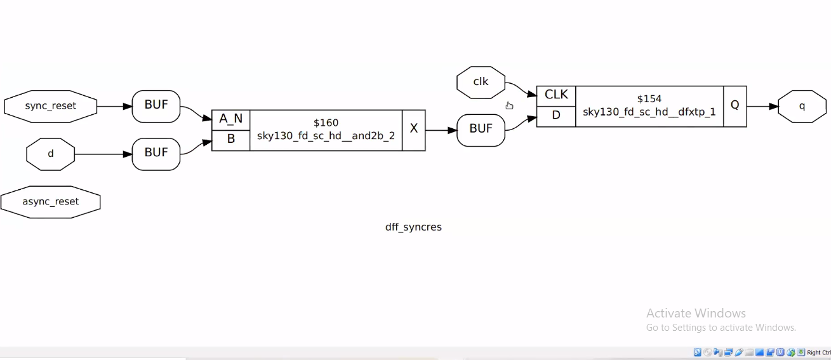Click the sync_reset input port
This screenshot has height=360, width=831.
pyautogui.click(x=51, y=106)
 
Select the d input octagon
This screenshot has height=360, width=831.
pyautogui.click(x=51, y=154)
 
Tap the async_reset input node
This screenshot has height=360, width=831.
pyautogui.click(x=51, y=202)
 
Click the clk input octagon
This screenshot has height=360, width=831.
pyautogui.click(x=481, y=82)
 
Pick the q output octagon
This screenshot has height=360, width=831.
pyautogui.click(x=802, y=106)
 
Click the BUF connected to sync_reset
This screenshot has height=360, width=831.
pyautogui.click(x=156, y=105)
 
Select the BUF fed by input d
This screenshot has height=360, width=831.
pyautogui.click(x=156, y=153)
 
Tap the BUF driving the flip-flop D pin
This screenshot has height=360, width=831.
pyautogui.click(x=481, y=130)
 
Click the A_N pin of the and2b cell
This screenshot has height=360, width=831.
pyautogui.click(x=230, y=119)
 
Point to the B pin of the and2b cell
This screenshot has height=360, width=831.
pyautogui.click(x=230, y=140)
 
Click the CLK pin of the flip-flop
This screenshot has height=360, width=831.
pyautogui.click(x=556, y=95)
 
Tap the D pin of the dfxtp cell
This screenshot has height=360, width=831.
pyautogui.click(x=556, y=116)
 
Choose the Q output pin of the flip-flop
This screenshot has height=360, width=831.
pyautogui.click(x=735, y=105)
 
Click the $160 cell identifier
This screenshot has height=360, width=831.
pyautogui.click(x=326, y=123)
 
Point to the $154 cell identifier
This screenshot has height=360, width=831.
pyautogui.click(x=649, y=98)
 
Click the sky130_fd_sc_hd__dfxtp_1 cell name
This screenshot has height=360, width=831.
pyautogui.click(x=649, y=112)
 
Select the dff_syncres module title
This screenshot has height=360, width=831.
pyautogui.click(x=413, y=227)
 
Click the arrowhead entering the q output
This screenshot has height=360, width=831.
pyautogui.click(x=773, y=107)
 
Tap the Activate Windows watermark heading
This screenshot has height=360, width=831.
pyautogui.click(x=696, y=313)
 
